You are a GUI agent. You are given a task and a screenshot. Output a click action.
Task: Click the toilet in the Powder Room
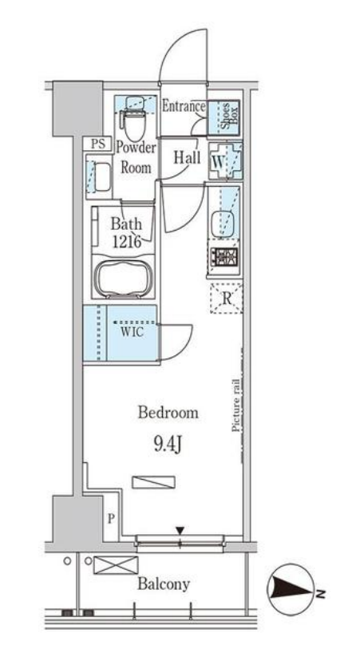click(133, 119)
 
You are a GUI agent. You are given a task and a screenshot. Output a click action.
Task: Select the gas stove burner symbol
click(224, 257)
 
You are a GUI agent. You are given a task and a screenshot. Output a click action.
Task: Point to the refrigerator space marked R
click(227, 298)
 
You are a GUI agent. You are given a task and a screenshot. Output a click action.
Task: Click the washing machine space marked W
click(225, 160)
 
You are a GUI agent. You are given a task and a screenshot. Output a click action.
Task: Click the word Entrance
click(183, 106)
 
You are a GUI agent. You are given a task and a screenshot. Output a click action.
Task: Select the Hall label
click(187, 157)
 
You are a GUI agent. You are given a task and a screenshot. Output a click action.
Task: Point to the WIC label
click(133, 332)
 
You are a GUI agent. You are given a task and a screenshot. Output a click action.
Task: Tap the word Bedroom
click(168, 413)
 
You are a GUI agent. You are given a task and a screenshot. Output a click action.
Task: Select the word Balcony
click(164, 584)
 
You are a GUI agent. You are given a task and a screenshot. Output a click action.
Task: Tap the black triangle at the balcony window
click(180, 531)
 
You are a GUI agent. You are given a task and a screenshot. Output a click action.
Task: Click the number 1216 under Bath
click(125, 240)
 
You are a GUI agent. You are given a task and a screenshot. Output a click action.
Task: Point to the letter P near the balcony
click(111, 519)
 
